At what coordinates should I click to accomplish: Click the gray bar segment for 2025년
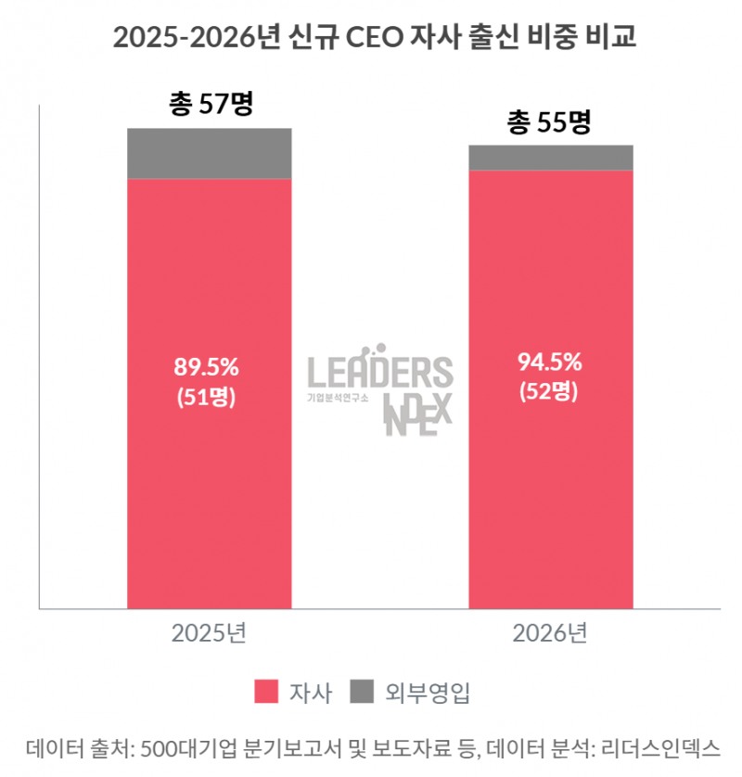tap(209, 153)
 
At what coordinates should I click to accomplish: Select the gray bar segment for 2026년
tap(551, 158)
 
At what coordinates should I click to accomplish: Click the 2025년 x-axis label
tap(209, 634)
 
